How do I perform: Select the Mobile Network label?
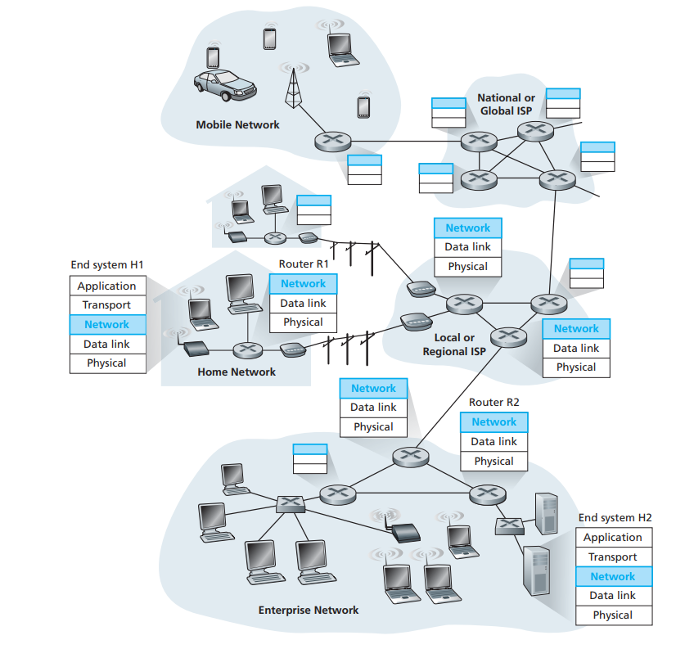point(237,125)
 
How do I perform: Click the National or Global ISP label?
point(506,104)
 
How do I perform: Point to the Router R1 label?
point(303,264)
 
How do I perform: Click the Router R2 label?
point(493,403)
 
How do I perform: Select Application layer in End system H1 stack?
point(107,286)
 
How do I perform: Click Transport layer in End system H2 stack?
point(613,557)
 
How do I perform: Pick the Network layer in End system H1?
point(107,324)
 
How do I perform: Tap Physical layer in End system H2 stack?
point(613,615)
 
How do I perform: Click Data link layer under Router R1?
point(303,303)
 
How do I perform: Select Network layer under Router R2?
point(493,422)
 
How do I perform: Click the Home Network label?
point(237,372)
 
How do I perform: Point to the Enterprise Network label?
point(309,610)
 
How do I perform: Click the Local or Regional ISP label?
point(454,345)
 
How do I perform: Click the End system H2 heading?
point(615,518)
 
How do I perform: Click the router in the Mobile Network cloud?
point(331,141)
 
